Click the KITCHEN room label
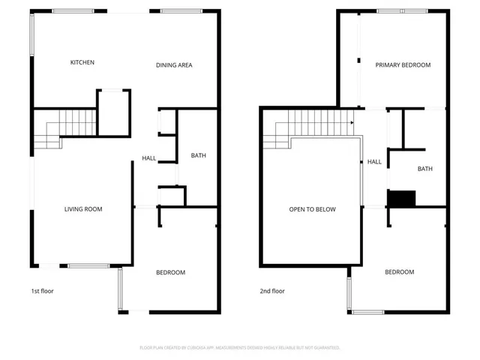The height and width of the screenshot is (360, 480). coord(82,62)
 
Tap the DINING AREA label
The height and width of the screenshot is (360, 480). coord(174,65)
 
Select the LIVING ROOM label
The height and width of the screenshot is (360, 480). coord(82,209)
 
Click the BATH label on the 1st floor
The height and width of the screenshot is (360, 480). coord(198,156)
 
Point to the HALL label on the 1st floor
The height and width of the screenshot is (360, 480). coord(149,158)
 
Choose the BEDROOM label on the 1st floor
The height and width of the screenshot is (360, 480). coord(170,272)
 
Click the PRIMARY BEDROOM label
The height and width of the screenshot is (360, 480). coord(403,65)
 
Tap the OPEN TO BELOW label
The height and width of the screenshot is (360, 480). coord(313,209)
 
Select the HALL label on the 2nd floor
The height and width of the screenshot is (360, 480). coord(374,161)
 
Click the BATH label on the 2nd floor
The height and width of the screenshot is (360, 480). coord(425,169)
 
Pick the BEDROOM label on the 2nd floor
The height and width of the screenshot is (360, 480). coord(399,272)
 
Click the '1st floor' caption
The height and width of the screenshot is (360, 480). coord(42,291)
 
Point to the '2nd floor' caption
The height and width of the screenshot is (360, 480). coord(272,291)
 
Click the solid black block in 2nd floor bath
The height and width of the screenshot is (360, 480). coord(401,199)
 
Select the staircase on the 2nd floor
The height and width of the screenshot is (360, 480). coord(311,124)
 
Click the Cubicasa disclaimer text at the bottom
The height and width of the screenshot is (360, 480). coord(240,348)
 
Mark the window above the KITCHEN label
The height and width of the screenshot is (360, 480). coord(73,10)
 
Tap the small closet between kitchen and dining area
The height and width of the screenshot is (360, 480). coord(112,112)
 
